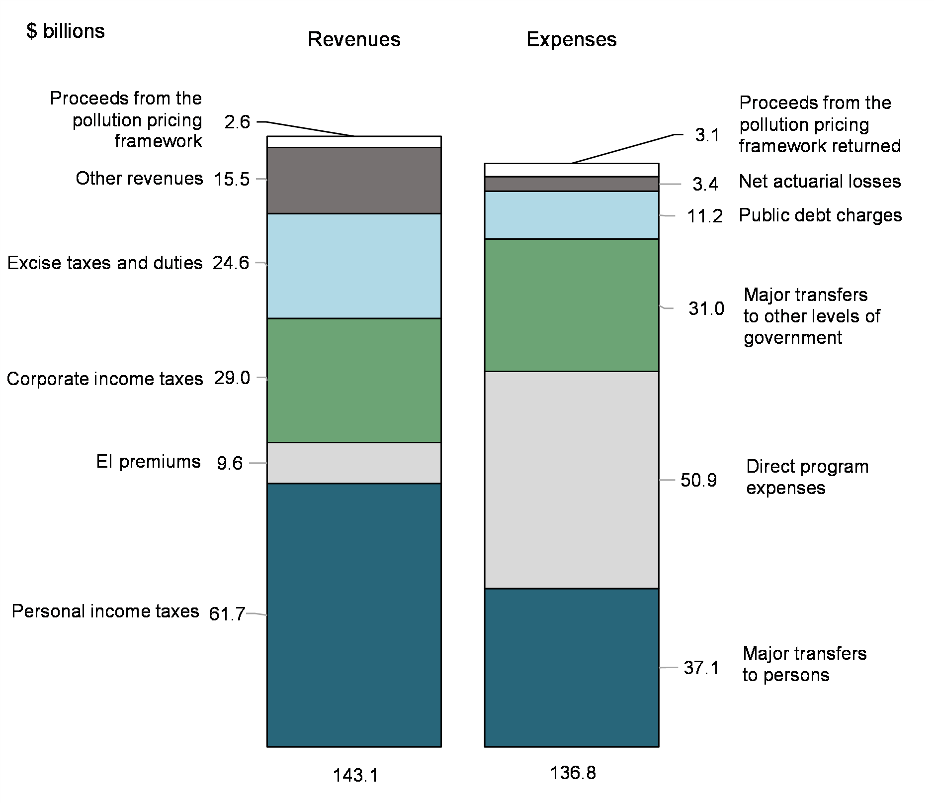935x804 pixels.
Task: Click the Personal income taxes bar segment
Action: [x=354, y=614]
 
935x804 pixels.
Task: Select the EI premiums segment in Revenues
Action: [x=354, y=463]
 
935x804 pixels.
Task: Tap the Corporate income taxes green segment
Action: [x=354, y=380]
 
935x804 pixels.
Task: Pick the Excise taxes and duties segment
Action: [x=354, y=266]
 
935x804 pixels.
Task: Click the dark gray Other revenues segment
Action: [x=354, y=180]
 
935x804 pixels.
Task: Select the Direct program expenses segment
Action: [x=572, y=480]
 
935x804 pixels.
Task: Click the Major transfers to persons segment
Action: [x=572, y=667]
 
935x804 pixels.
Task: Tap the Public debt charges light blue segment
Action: [x=572, y=215]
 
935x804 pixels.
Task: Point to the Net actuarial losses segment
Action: [x=572, y=184]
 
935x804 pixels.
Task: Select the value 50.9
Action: [x=698, y=481]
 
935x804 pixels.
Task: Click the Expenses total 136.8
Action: [x=573, y=773]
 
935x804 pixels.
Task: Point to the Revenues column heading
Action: [x=354, y=40]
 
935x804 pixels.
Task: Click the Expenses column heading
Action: [x=572, y=40]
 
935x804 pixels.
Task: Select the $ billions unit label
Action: [x=66, y=31]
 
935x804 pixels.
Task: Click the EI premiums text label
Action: [x=148, y=462]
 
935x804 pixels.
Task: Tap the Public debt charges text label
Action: [x=820, y=215]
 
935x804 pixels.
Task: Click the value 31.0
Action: [x=706, y=309]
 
